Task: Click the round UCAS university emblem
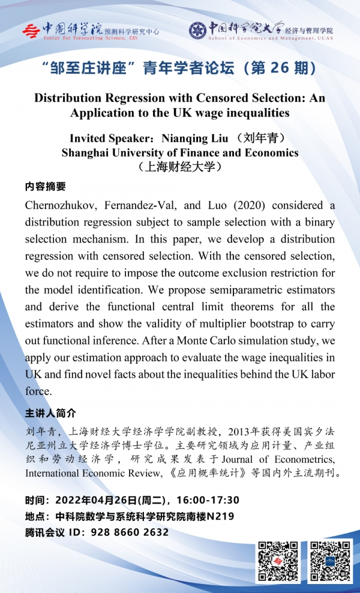click(x=197, y=30)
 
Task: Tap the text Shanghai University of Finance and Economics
click(x=180, y=152)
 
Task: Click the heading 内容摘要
click(x=46, y=187)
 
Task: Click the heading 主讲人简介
click(x=50, y=414)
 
